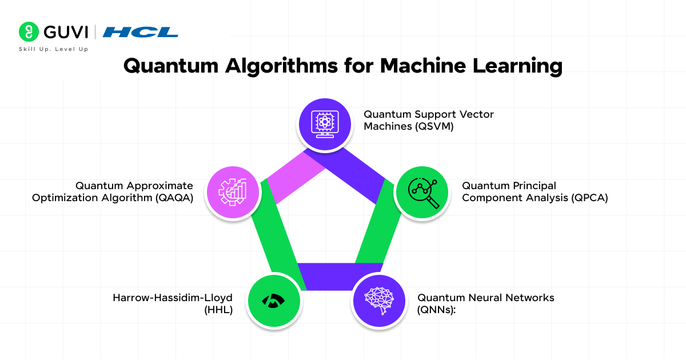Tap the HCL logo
click(140, 32)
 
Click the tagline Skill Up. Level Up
click(54, 50)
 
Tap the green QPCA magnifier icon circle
click(422, 193)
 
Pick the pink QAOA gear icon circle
click(232, 193)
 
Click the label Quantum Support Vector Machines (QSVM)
click(429, 120)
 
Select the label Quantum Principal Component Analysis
click(535, 192)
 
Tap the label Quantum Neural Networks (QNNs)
click(486, 304)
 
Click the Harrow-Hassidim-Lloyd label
click(173, 298)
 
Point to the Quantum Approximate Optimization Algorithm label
click(113, 192)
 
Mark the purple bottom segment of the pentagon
click(340, 275)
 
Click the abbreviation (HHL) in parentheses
click(219, 311)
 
